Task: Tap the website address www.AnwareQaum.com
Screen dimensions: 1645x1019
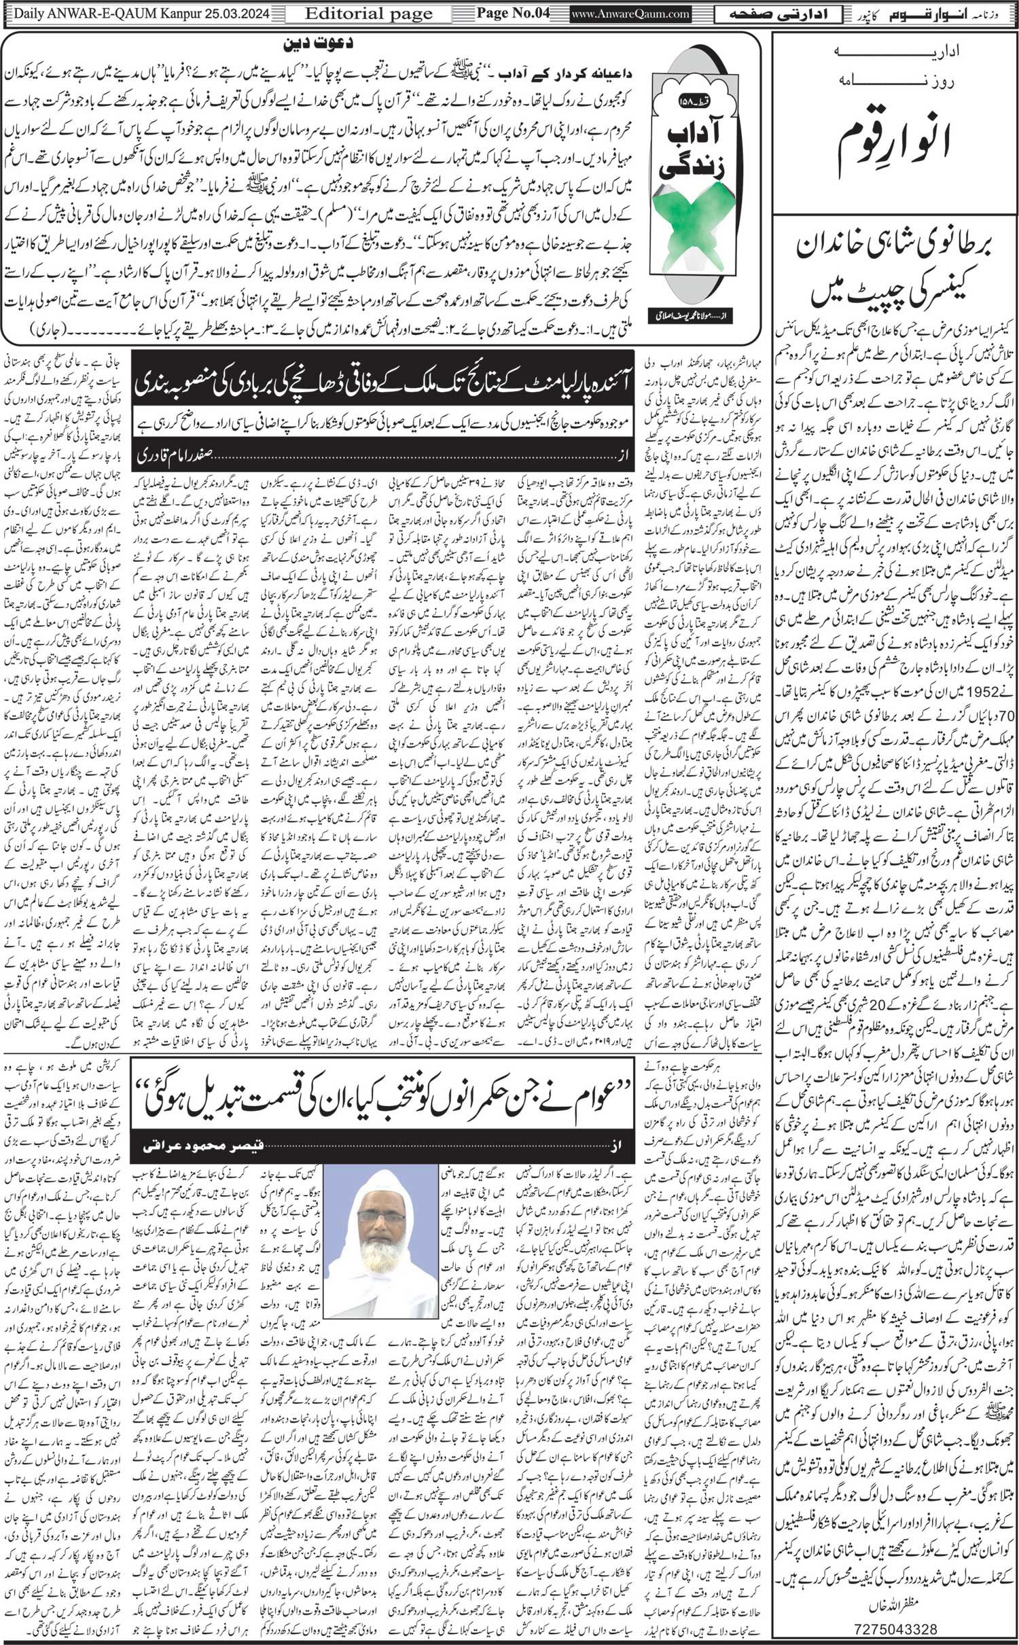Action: pyautogui.click(x=621, y=14)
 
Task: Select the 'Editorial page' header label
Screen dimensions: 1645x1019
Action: pyautogui.click(x=368, y=14)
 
